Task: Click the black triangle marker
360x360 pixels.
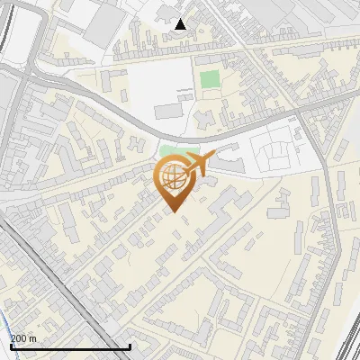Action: (181, 24)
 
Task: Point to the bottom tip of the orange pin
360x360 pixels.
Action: (172, 211)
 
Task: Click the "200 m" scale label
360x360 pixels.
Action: (24, 338)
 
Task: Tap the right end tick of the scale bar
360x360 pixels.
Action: (130, 346)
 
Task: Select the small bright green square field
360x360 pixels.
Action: (209, 79)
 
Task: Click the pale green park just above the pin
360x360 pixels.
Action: (176, 149)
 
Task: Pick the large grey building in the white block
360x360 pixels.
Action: (169, 111)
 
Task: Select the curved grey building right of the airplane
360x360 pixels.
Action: (227, 164)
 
